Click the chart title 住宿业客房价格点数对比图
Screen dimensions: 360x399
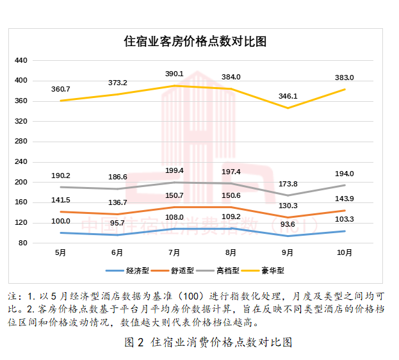point(195,42)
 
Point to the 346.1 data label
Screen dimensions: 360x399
point(288,95)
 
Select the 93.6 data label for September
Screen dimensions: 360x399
point(288,224)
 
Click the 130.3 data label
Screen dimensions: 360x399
point(288,206)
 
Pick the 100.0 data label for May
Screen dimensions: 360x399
point(61,221)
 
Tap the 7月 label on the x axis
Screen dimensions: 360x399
point(174,252)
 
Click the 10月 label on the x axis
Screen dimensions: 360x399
point(345,252)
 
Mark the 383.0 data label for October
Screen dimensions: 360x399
point(345,78)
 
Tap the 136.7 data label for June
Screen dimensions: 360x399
point(117,202)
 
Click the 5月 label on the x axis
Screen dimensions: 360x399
point(61,252)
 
